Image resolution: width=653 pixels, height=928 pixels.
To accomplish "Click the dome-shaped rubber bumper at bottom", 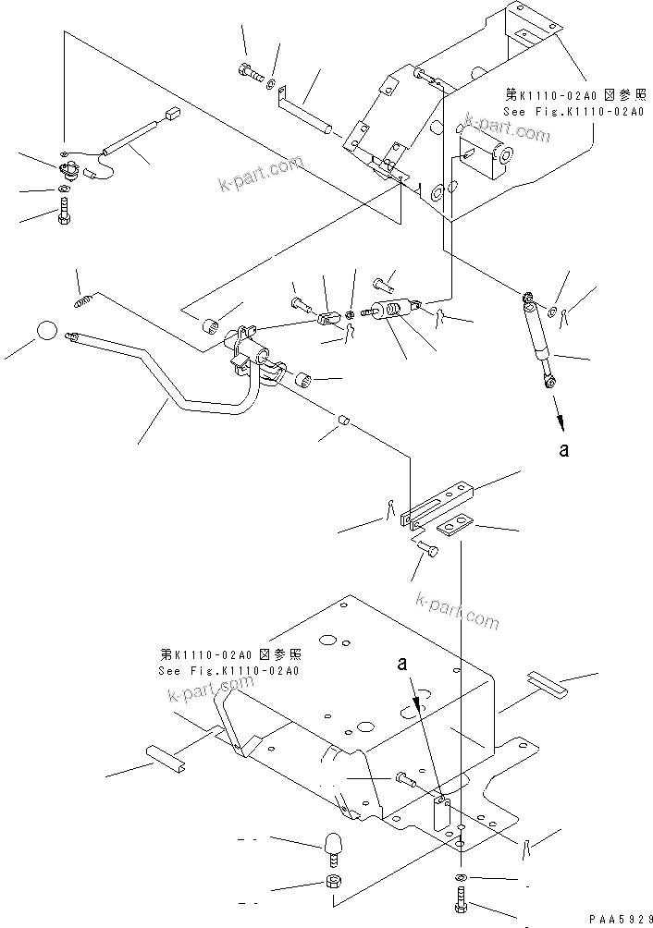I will point(333,843).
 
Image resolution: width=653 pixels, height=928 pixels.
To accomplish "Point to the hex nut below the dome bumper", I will point(333,881).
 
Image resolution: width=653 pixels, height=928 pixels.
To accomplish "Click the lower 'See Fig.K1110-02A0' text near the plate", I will point(229,671).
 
